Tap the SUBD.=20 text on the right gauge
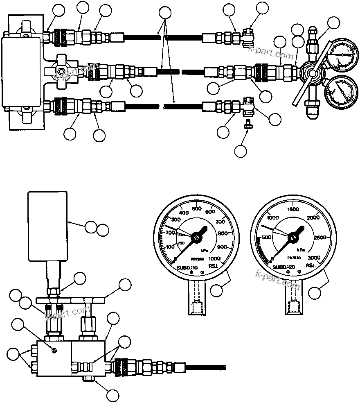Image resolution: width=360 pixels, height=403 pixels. (283, 267)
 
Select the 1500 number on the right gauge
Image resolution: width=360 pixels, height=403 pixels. (294, 209)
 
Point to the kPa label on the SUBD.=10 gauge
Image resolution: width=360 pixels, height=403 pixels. (205, 250)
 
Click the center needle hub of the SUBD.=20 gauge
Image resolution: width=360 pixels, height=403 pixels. (293, 236)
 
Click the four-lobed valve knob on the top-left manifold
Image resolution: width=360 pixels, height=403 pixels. (61, 73)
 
